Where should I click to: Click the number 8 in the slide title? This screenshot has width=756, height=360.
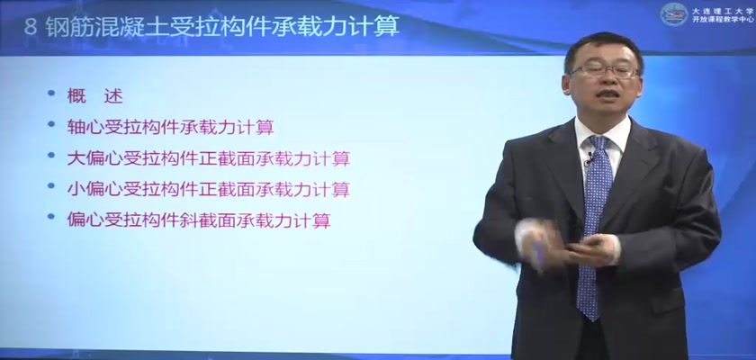point(31,27)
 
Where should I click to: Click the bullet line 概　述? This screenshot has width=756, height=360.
point(95,96)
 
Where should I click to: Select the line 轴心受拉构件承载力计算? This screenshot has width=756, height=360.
point(171,127)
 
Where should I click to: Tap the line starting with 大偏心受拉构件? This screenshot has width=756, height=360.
point(208,158)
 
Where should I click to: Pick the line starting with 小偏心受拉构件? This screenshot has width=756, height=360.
point(208,189)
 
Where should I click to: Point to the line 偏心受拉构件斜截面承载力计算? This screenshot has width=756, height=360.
point(199,220)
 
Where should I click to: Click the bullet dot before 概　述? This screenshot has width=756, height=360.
point(51,93)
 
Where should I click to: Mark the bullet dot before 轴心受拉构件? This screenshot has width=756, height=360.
point(51,124)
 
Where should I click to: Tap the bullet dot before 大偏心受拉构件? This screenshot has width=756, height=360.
point(51,155)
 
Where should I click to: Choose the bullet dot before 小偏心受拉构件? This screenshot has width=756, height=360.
point(51,185)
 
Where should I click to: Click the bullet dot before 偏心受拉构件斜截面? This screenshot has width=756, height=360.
point(51,216)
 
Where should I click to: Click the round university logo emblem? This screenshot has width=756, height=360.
point(674,14)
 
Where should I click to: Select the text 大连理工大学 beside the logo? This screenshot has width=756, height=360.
point(722,10)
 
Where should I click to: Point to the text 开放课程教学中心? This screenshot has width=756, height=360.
point(722,19)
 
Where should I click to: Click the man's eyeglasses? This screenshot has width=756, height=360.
point(605,71)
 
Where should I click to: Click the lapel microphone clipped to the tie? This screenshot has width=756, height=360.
point(589,159)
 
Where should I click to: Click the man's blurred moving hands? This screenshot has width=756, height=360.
point(566,243)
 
